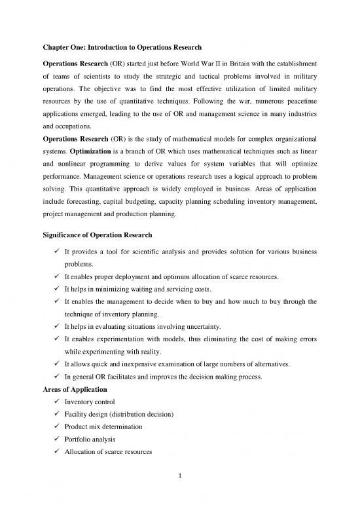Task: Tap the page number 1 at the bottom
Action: tap(180, 492)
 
